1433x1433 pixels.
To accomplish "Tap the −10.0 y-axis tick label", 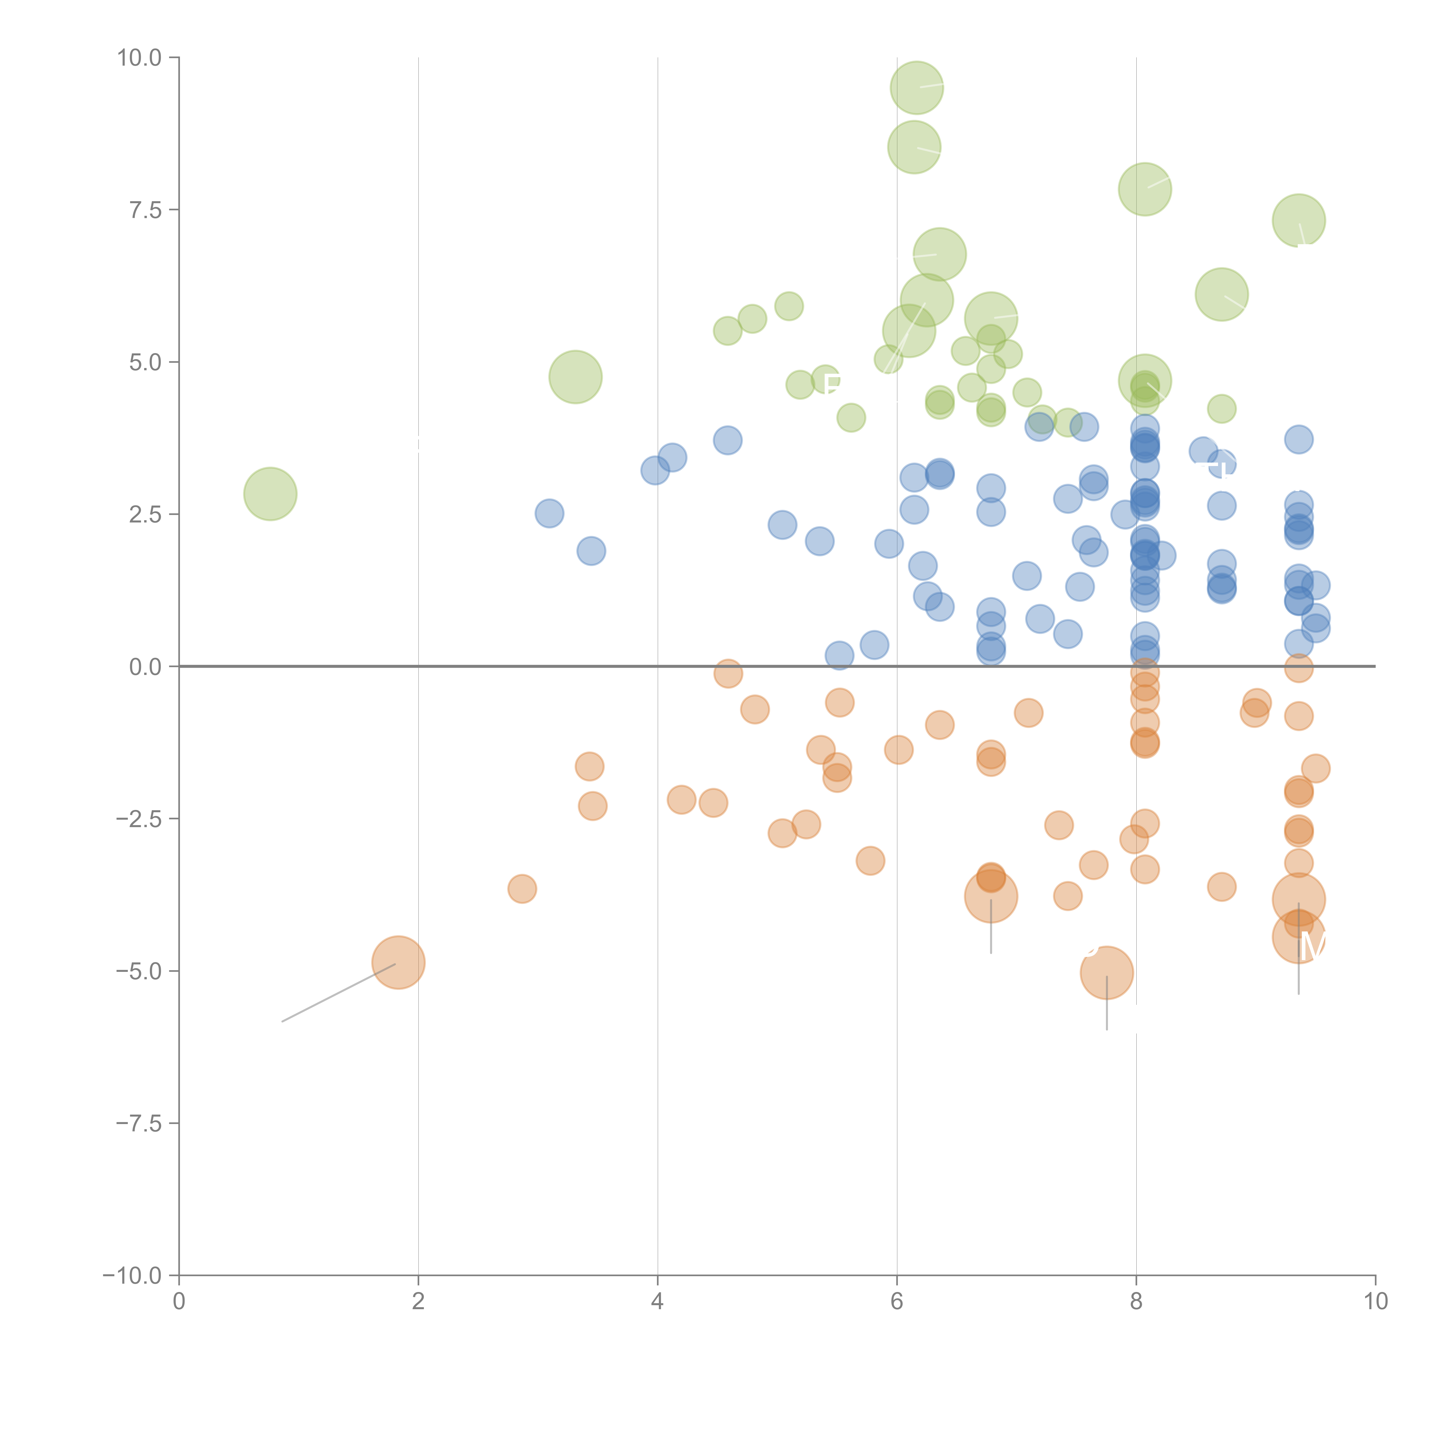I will [x=132, y=1276].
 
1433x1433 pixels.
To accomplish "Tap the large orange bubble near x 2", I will [x=398, y=963].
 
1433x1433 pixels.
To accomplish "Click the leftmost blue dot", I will [x=549, y=513].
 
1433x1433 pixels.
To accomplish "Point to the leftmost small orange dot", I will [x=522, y=888].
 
